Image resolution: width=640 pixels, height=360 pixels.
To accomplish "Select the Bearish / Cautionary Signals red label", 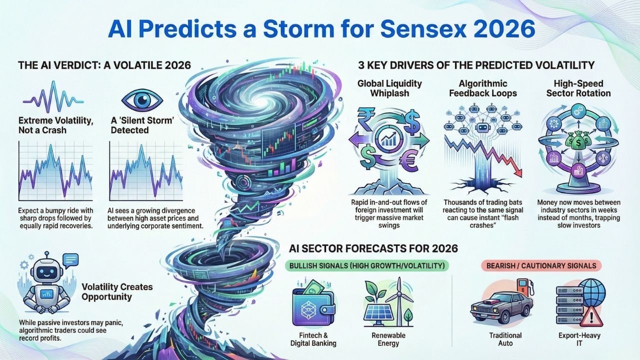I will tap(540, 265).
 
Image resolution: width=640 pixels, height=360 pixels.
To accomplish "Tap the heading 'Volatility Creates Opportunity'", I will tap(117, 292).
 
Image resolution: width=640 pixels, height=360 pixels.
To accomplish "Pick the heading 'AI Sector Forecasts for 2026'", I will tap(373, 247).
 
